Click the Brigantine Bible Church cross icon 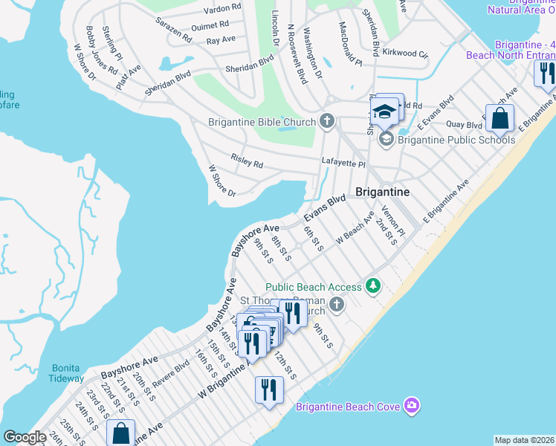(x=326, y=121)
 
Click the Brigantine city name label (x=382, y=192)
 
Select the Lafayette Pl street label (x=343, y=163)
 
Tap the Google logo (x=25, y=437)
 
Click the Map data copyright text (x=524, y=440)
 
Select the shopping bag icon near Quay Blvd (x=501, y=117)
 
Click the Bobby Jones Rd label (x=101, y=50)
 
